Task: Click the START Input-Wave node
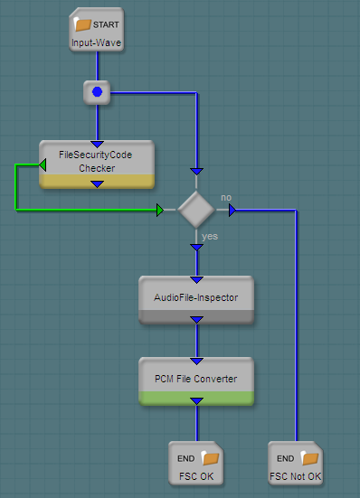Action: [96, 29]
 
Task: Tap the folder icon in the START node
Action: [82, 24]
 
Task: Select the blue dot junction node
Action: [97, 92]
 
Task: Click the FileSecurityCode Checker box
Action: [97, 164]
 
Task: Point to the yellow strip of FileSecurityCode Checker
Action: [97, 182]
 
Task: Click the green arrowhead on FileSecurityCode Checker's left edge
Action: [43, 164]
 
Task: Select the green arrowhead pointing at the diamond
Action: [160, 210]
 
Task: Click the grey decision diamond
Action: [196, 210]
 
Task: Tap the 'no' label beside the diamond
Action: [226, 198]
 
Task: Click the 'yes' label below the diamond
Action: [210, 236]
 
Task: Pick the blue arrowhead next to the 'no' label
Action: [232, 210]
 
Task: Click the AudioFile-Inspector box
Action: [196, 300]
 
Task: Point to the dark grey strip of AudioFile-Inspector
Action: [196, 317]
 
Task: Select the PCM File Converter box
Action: [196, 381]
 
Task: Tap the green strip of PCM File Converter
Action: [196, 399]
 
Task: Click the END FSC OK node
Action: [196, 463]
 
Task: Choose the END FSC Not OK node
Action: [296, 463]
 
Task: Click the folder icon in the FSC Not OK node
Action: [309, 458]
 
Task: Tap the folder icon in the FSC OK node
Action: [211, 458]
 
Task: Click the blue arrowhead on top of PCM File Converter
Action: [196, 362]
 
